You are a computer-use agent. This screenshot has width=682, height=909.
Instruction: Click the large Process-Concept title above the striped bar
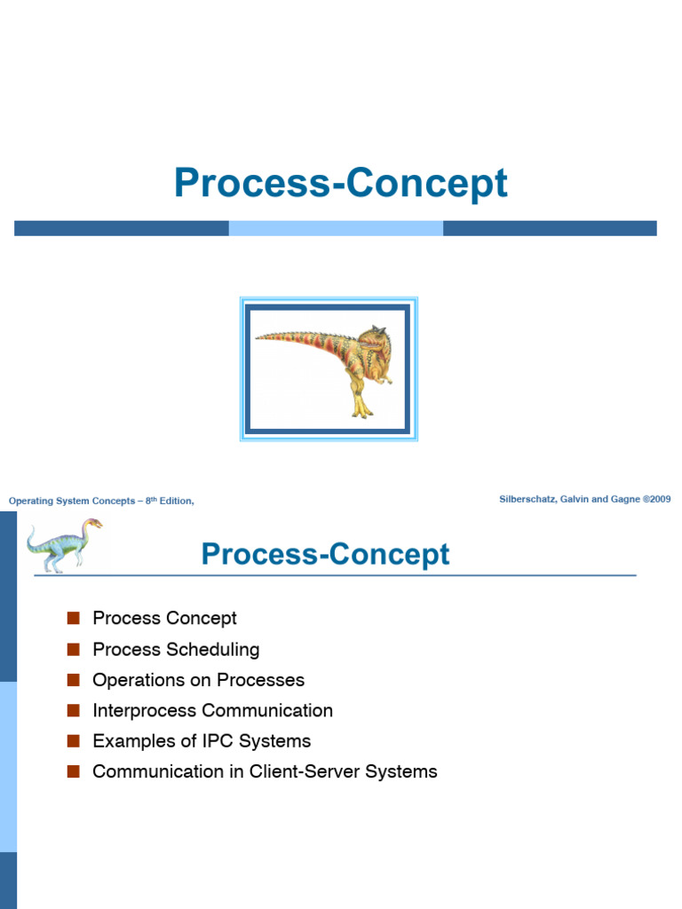341,183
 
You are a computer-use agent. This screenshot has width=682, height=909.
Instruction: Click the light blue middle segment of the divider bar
336,228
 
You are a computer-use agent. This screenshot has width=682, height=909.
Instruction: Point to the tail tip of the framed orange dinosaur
257,336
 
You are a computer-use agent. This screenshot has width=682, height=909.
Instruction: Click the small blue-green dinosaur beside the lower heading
64,546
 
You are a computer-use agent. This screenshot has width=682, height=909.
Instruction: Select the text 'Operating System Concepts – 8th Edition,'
101,501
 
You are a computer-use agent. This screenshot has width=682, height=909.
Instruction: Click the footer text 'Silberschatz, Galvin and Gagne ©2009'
584,499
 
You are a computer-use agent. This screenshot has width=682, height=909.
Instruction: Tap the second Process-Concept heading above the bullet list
325,554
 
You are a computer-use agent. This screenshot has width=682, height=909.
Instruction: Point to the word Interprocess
145,711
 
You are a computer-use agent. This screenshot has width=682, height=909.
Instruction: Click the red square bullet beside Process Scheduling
73,649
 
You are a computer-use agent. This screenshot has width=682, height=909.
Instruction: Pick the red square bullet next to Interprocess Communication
73,710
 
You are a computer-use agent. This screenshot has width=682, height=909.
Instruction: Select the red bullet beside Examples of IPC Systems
73,741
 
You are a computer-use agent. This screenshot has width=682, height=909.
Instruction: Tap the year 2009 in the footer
661,499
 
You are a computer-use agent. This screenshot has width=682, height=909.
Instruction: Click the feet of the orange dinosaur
361,409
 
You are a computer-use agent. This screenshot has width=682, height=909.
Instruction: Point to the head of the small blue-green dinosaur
92,524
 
